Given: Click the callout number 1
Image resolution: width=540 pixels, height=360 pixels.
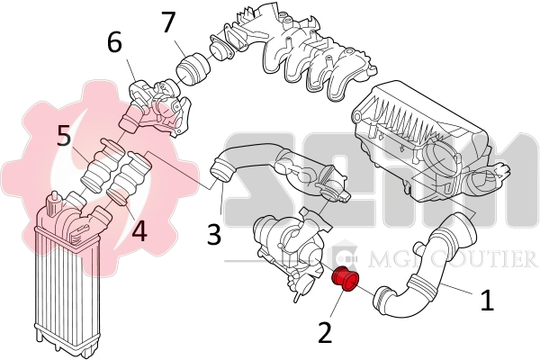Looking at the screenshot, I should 487,300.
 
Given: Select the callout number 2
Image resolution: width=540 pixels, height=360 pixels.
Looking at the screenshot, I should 325,332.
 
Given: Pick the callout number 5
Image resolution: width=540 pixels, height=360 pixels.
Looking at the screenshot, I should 64,137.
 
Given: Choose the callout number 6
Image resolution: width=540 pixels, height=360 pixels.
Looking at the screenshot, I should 113,41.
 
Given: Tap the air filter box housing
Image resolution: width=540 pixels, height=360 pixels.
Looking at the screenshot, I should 423,144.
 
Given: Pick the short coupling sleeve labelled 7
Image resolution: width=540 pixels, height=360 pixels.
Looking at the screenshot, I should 192,68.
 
